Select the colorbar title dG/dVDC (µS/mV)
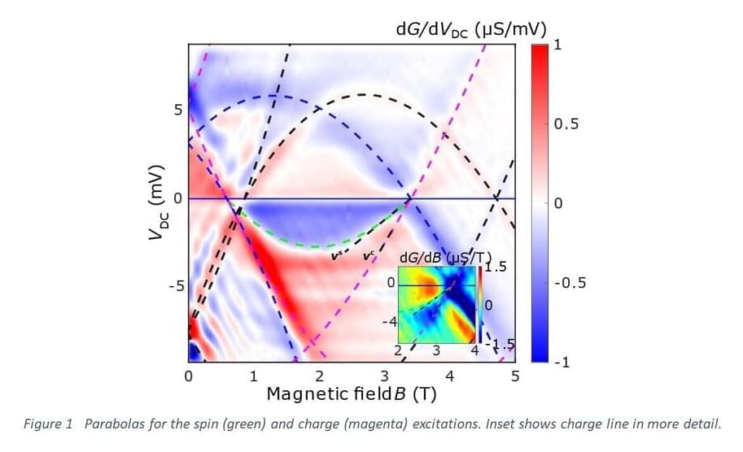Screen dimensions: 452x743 point(470,29)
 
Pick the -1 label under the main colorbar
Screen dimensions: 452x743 point(560,363)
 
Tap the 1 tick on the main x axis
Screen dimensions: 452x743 point(254,376)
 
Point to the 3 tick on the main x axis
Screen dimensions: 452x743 point(385,376)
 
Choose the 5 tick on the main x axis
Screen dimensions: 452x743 point(515,376)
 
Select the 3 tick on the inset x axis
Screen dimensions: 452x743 point(436,351)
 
